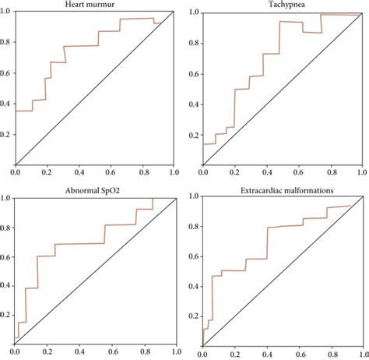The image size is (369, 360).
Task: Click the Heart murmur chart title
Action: point(90,5)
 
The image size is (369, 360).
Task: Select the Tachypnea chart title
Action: point(286,5)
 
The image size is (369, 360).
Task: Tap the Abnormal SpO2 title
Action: point(93,191)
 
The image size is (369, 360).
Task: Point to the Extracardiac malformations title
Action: point(286,191)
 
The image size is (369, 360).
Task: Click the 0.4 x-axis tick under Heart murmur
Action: point(79,172)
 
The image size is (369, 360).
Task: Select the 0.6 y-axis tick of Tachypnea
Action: point(194,74)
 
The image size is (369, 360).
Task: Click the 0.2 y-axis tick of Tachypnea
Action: point(194,136)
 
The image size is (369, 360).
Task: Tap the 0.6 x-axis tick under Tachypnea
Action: point(300,172)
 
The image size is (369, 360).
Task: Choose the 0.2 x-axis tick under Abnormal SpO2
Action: point(47,351)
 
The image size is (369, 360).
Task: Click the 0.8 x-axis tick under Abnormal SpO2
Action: point(145,351)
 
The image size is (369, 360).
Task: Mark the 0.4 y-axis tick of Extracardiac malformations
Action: point(193,287)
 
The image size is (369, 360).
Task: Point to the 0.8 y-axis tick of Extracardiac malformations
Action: point(193,227)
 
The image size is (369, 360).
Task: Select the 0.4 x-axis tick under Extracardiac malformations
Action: point(267,355)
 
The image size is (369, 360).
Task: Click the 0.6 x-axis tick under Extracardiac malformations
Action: point(300,355)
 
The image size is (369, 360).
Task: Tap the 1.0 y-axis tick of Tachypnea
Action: point(194,12)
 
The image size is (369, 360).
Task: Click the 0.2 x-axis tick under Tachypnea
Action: point(234,172)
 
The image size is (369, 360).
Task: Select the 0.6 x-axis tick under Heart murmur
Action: point(111,172)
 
